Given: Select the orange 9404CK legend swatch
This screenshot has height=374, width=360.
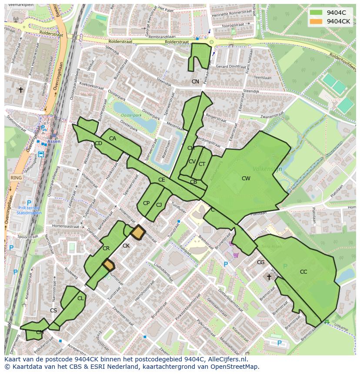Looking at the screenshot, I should point(316,21).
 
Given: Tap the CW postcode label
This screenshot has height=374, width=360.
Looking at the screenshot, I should point(246,178).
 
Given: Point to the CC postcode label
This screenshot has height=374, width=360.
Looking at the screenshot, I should point(303,272).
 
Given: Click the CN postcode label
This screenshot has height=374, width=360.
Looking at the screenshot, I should point(195,81).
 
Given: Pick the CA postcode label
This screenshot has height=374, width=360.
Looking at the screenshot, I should point(113,139).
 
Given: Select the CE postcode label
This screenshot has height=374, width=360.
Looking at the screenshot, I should point(161,180).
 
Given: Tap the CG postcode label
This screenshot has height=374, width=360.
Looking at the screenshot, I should point(260,262).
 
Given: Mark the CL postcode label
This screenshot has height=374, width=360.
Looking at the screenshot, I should point(80,298).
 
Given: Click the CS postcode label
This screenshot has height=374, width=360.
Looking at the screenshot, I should point(53,311).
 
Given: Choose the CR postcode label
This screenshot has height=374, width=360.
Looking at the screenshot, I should point(106,248).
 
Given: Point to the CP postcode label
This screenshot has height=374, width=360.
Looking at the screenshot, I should point(146,203).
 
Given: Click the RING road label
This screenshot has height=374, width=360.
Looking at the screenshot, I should point(16,178).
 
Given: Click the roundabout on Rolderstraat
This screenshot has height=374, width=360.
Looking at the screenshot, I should point(211,42).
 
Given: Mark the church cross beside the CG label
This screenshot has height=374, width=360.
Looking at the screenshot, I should point(269,276).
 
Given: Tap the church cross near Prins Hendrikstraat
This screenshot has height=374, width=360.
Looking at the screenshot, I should point(20,90).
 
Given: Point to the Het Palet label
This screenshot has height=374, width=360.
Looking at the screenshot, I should point(166,8).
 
